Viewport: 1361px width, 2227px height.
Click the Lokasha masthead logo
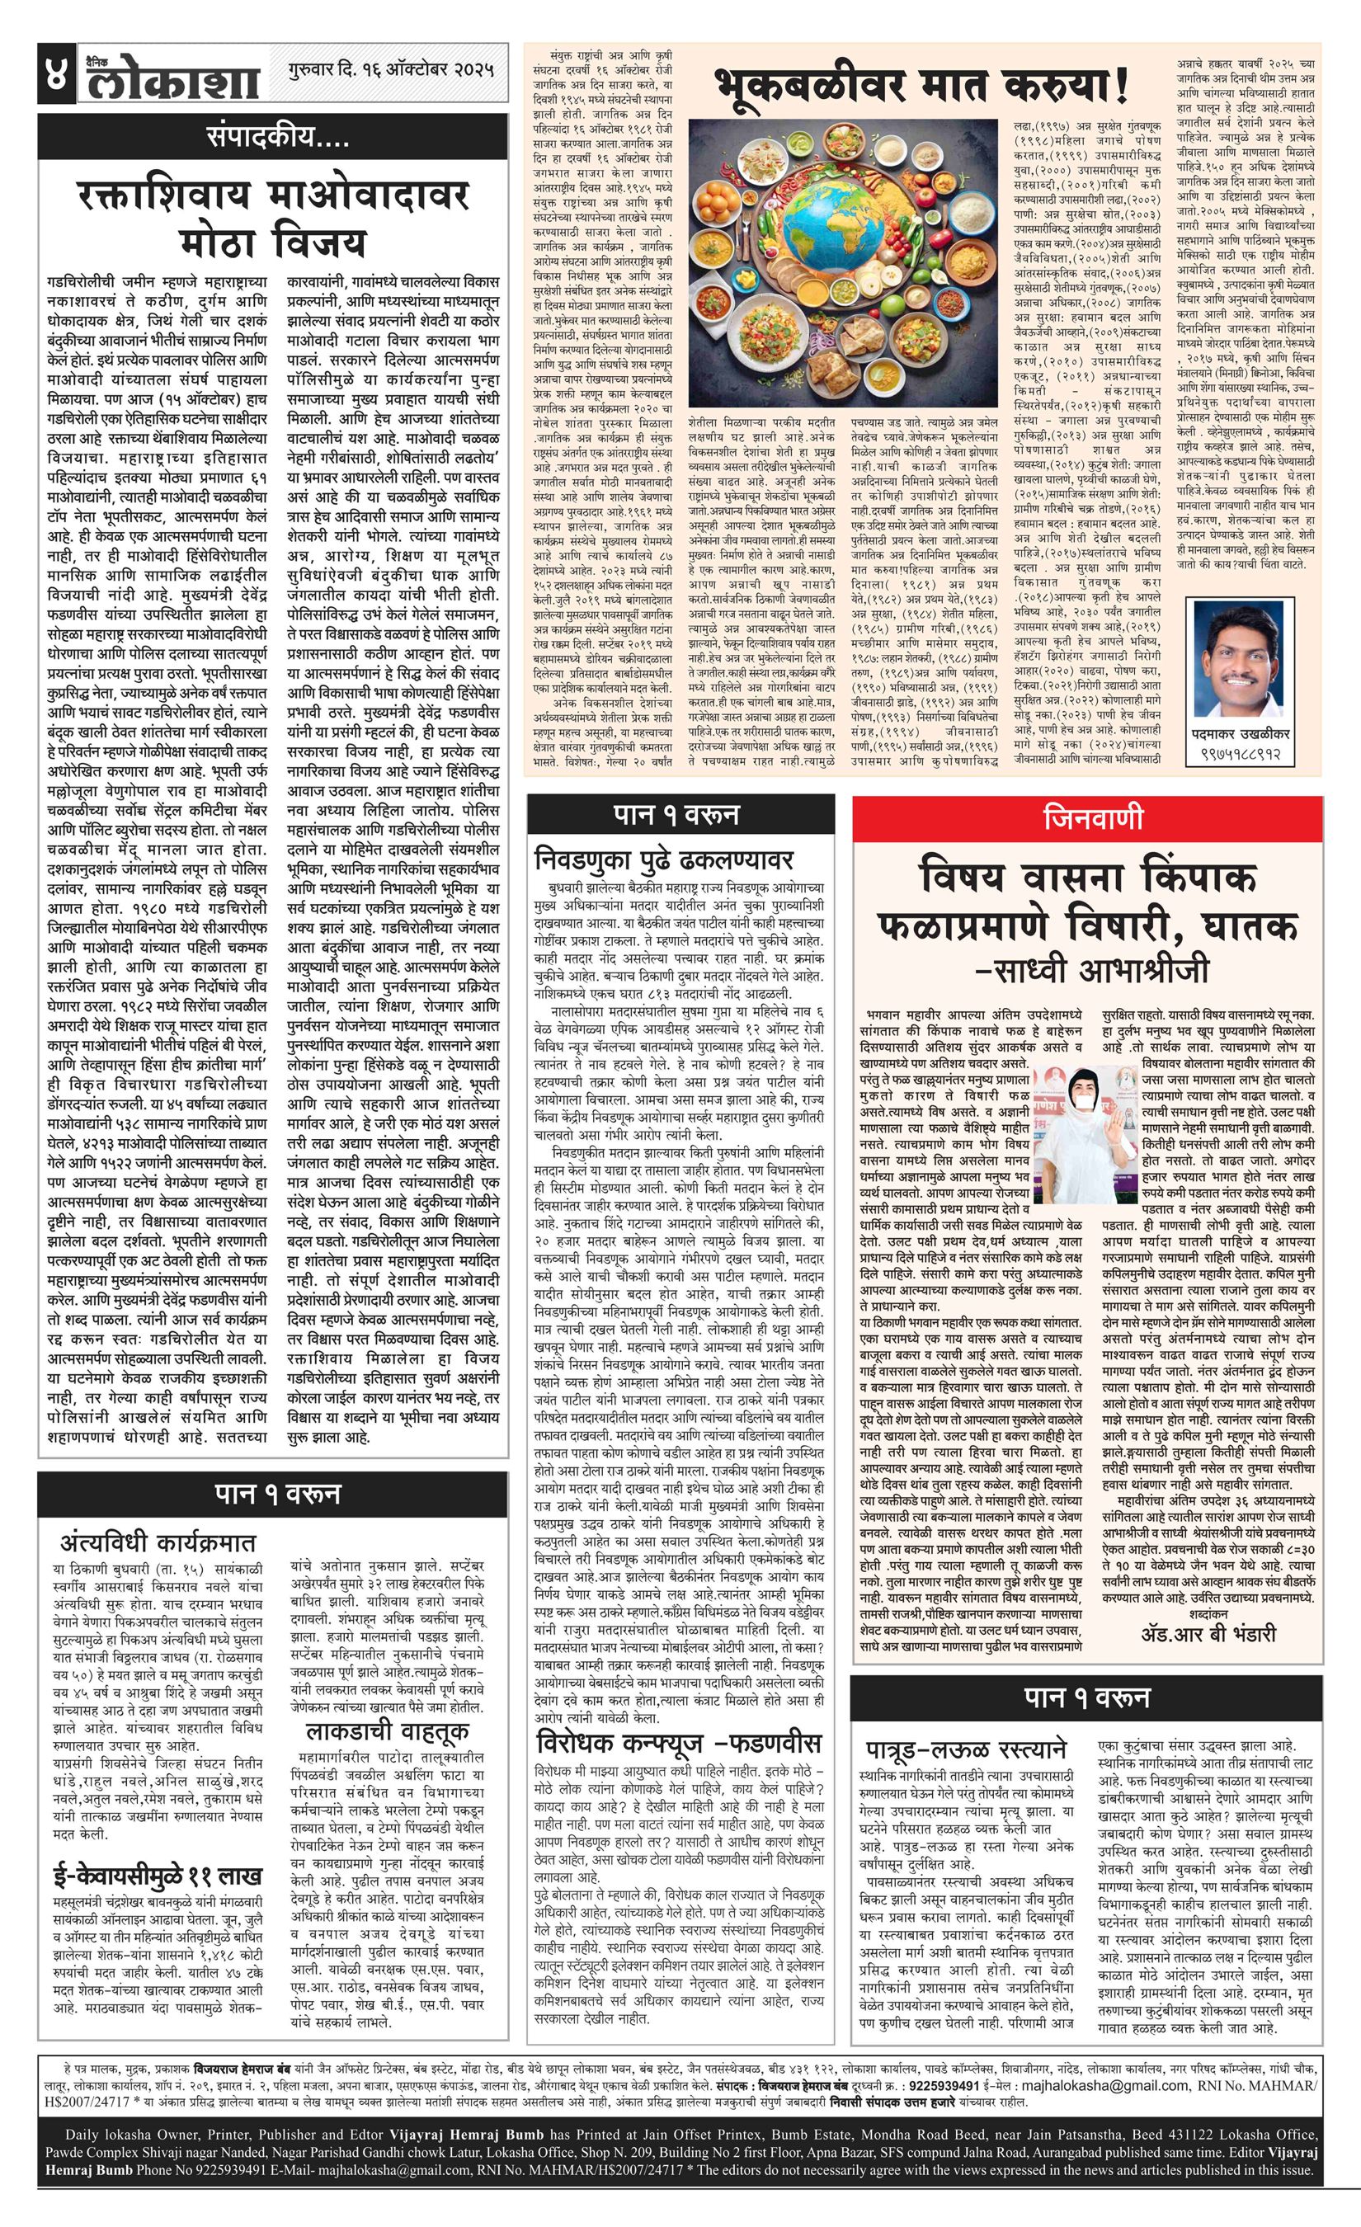(x=172, y=78)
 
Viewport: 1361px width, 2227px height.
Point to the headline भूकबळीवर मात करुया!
(x=922, y=87)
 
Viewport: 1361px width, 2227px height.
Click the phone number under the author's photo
(x=1239, y=754)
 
